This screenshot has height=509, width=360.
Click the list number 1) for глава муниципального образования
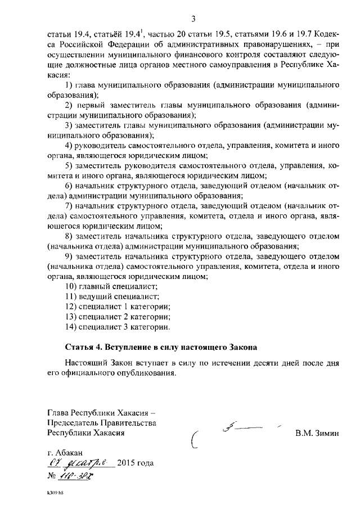tap(69, 85)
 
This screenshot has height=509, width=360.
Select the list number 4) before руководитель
tap(69, 145)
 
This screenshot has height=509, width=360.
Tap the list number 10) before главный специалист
tap(71, 286)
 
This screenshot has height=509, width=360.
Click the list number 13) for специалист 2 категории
tap(71, 317)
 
